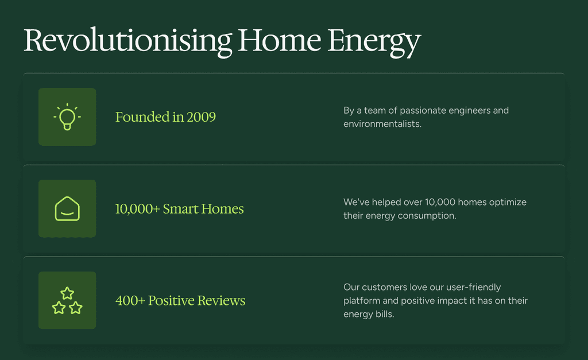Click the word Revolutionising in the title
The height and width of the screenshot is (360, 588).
coord(128,41)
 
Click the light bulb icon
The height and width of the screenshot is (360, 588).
coord(67,117)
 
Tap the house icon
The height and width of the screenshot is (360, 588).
coord(67,208)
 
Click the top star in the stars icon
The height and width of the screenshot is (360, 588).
coord(67,293)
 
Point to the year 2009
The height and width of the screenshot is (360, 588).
coord(202,117)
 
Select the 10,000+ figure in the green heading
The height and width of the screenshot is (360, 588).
coord(138,209)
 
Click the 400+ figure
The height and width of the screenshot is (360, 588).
coord(130,301)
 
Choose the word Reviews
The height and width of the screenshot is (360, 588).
coord(221,301)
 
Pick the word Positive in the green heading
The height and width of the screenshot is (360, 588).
coord(171,301)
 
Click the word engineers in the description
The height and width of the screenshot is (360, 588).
coord(469,111)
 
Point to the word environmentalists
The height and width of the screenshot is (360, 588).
coord(382,124)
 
